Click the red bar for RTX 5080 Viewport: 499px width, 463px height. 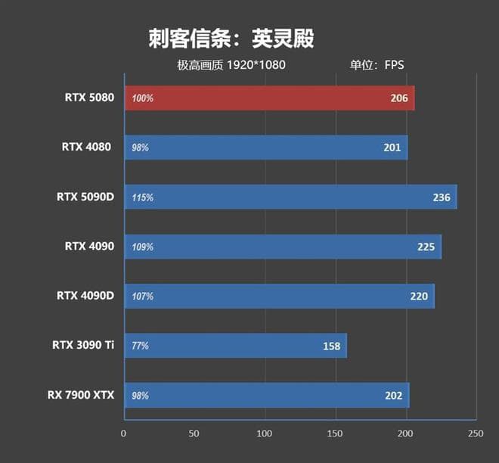pyautogui.click(x=268, y=98)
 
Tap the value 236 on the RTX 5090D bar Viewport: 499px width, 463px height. pyautogui.click(x=441, y=197)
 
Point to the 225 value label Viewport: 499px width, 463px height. pyautogui.click(x=426, y=247)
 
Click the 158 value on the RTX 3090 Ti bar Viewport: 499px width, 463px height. pyautogui.click(x=331, y=346)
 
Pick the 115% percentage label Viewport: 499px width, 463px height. pyautogui.click(x=143, y=197)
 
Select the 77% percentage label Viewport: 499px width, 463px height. pyautogui.click(x=140, y=346)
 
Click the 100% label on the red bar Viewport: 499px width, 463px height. pyautogui.click(x=143, y=98)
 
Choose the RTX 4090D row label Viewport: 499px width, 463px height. pyautogui.click(x=85, y=295)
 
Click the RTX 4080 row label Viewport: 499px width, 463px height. pyautogui.click(x=87, y=147)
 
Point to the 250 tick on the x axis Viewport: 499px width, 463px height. pyautogui.click(x=476, y=434)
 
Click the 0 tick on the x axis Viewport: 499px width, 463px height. pyautogui.click(x=124, y=434)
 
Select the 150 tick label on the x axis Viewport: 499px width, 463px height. pyautogui.click(x=335, y=434)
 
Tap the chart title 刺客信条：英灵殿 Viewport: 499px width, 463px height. pyautogui.click(x=231, y=39)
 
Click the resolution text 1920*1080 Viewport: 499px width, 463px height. pyautogui.click(x=257, y=65)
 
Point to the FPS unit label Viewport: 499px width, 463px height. pyautogui.click(x=394, y=65)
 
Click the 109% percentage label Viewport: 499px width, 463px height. pyautogui.click(x=143, y=247)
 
